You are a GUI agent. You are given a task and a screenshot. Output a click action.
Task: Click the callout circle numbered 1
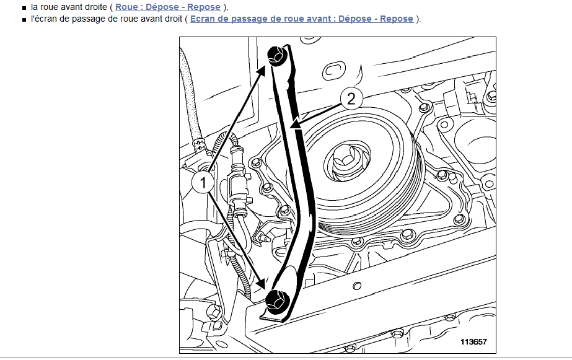coord(203,182)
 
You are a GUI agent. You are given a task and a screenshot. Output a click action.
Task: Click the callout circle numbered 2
coord(351,99)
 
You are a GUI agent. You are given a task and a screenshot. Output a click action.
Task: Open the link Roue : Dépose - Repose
coord(168,7)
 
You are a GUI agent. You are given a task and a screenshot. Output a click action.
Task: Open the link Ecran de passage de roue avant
coord(302,19)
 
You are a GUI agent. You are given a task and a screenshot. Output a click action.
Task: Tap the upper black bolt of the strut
coord(278,55)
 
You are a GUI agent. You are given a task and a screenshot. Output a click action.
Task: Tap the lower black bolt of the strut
coord(276,301)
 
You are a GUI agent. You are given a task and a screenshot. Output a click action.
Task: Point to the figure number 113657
coord(473,342)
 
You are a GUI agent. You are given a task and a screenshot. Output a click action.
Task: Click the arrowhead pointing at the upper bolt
coord(262,72)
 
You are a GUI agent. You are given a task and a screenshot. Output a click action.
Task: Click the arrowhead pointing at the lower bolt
coord(260,283)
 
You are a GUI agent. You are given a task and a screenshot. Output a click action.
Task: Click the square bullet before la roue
coord(24,7)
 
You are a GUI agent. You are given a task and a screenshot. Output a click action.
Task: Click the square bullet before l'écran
coord(24,19)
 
